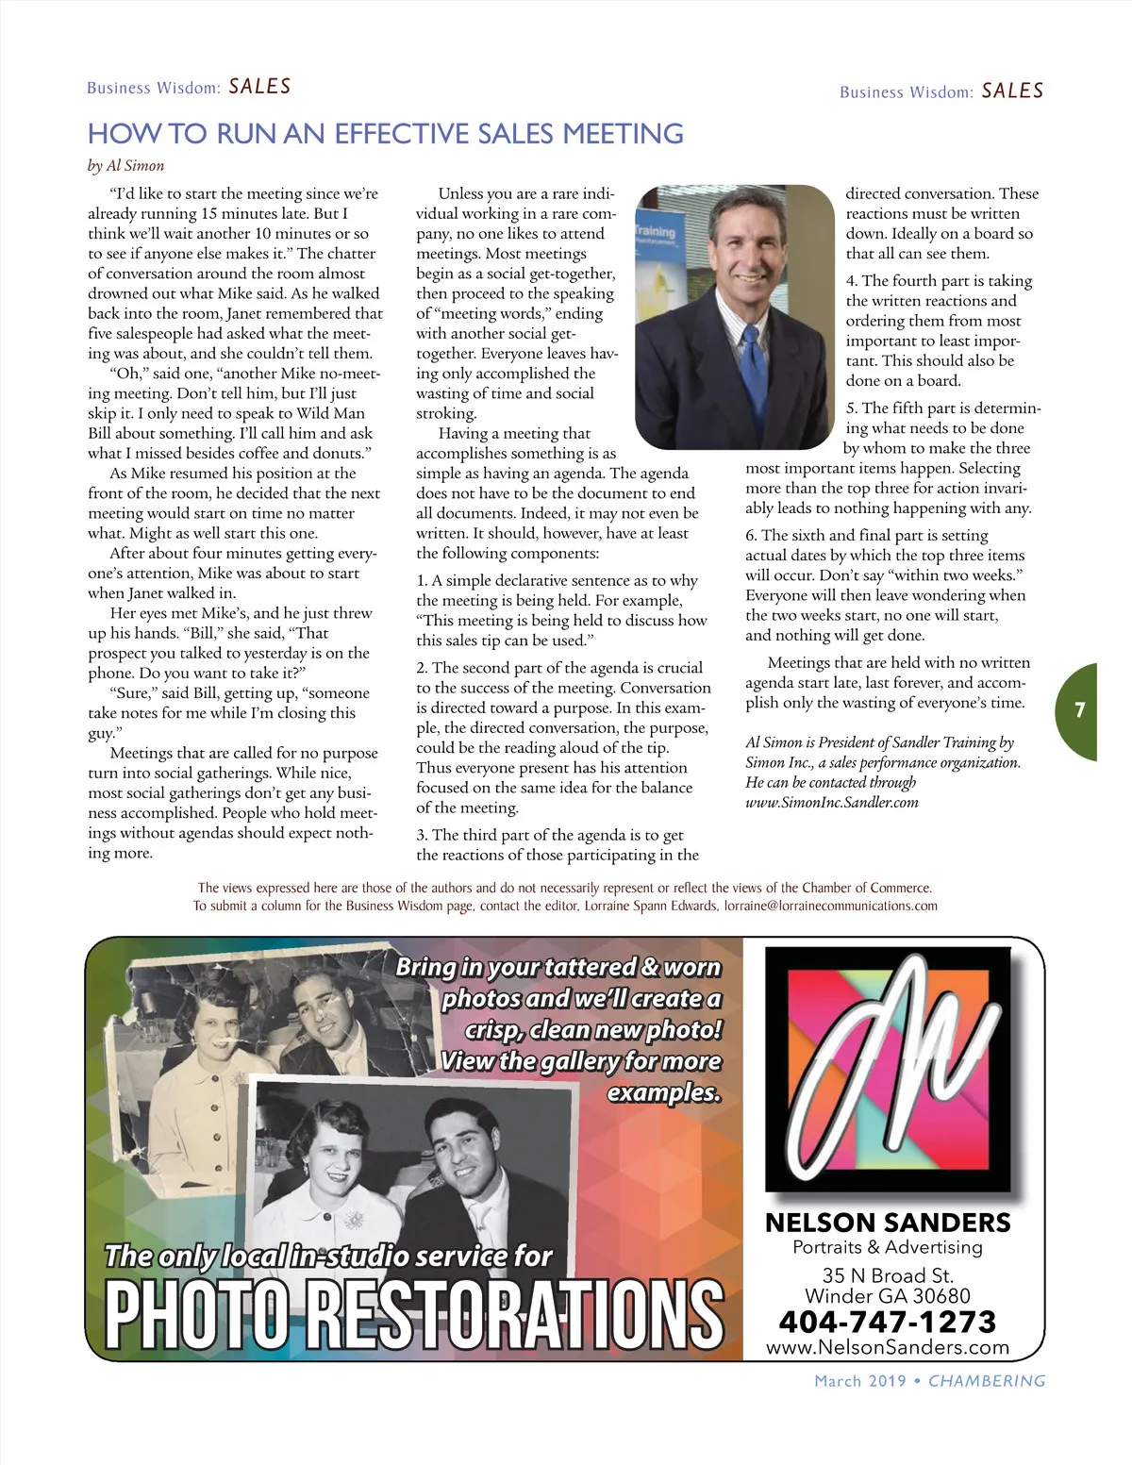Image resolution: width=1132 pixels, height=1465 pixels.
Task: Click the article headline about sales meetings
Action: click(x=385, y=134)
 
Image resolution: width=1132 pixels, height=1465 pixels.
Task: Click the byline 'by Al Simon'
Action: click(x=125, y=166)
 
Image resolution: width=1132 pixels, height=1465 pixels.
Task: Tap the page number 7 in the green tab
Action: click(x=1080, y=710)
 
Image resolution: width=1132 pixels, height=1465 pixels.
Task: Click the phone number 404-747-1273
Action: click(x=887, y=1322)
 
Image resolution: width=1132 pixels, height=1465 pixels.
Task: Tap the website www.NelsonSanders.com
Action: click(x=887, y=1348)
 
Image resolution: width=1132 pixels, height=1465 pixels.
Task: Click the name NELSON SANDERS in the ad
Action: click(x=887, y=1223)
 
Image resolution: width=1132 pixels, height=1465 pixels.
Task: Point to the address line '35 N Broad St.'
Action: click(x=887, y=1275)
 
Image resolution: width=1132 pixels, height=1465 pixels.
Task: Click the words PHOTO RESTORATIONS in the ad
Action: click(x=413, y=1314)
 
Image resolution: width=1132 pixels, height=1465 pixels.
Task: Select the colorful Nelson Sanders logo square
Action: click(x=887, y=1068)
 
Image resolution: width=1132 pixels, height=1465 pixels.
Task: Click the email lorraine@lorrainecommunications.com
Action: click(x=830, y=906)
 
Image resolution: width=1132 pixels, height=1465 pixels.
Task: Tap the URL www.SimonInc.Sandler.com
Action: click(x=831, y=803)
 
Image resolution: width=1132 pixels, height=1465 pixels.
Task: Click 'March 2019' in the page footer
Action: click(x=859, y=1381)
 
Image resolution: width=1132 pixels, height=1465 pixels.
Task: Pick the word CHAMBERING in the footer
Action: click(x=987, y=1381)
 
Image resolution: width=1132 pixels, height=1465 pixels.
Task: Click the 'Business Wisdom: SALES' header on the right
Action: click(x=941, y=92)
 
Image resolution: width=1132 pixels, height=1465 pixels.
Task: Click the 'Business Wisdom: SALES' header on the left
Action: click(x=189, y=88)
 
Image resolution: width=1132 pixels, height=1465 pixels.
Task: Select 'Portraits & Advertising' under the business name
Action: click(x=887, y=1247)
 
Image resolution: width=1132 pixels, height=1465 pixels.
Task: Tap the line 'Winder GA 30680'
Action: click(x=887, y=1296)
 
